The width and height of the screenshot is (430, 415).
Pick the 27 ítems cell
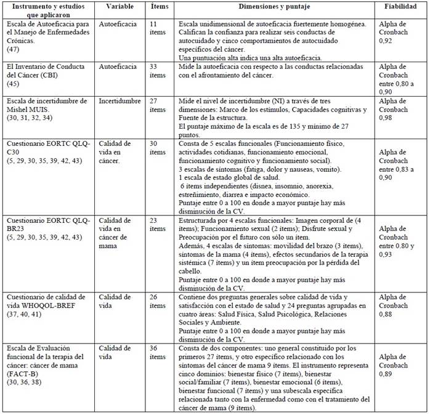158,105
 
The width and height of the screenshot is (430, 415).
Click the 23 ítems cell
158,225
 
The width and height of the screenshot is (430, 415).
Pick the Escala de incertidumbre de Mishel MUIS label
46,105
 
